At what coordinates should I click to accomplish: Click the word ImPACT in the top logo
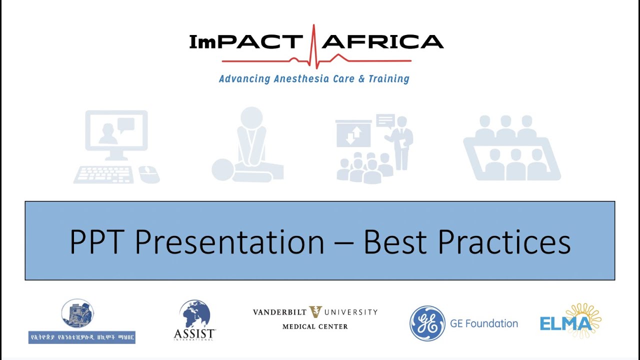click(x=245, y=42)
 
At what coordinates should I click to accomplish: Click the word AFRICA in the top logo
click(x=382, y=42)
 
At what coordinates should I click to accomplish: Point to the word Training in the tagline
click(x=388, y=79)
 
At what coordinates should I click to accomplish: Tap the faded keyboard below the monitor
click(x=104, y=174)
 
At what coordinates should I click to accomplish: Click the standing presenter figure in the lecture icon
click(x=402, y=142)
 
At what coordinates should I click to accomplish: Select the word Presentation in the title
click(x=229, y=242)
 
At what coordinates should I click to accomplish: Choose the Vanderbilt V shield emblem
click(x=315, y=312)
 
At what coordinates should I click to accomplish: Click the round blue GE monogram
click(x=427, y=323)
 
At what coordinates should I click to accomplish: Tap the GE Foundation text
click(x=483, y=323)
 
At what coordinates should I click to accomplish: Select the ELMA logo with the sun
click(x=570, y=320)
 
